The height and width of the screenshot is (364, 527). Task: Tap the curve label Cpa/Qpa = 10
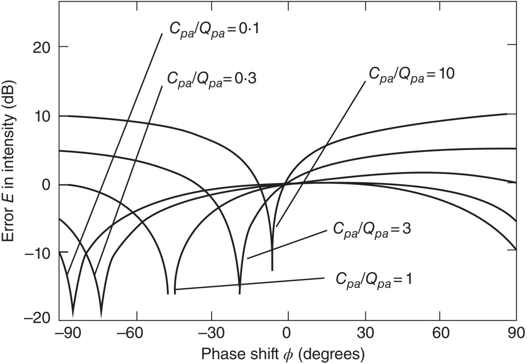coord(412,73)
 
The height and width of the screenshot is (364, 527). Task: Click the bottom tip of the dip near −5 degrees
coord(272,270)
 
